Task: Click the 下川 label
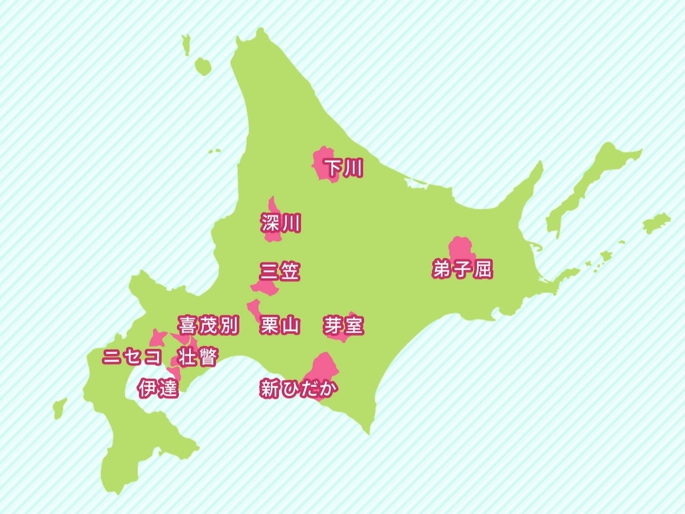pos(342,168)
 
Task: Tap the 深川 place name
pos(280,223)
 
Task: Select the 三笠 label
pos(280,272)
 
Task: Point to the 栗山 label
pos(280,326)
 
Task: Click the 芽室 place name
pos(343,326)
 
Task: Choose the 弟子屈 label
pos(462,269)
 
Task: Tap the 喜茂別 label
pos(208,326)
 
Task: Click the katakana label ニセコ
pos(133,357)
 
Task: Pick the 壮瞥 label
pos(197,357)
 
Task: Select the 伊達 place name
pos(158,388)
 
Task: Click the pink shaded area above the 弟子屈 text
pos(461,247)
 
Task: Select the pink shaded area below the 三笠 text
pos(265,288)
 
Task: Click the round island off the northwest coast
pos(202,65)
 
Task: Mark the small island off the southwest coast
pos(60,408)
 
